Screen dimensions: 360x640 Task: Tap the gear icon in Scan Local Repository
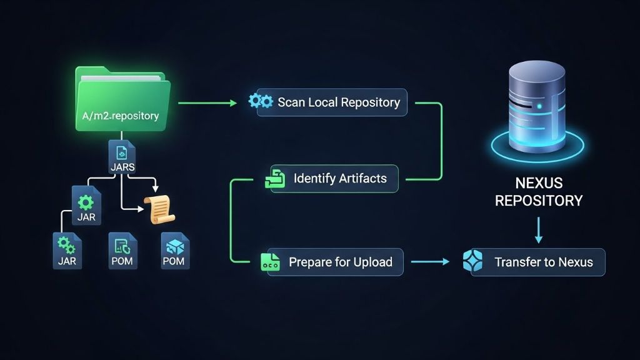coord(261,101)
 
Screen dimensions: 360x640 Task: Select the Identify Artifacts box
coord(334,179)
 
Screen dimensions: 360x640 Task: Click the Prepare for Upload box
coord(332,262)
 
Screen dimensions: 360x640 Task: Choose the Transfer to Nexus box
coord(537,262)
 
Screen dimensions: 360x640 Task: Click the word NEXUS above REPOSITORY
coord(539,184)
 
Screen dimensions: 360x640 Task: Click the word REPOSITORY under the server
coord(539,201)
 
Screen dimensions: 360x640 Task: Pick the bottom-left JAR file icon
coord(66,250)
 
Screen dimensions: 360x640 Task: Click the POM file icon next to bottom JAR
coord(122,250)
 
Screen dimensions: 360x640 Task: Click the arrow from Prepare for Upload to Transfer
coord(430,262)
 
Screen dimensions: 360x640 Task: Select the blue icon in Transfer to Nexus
coord(473,261)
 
